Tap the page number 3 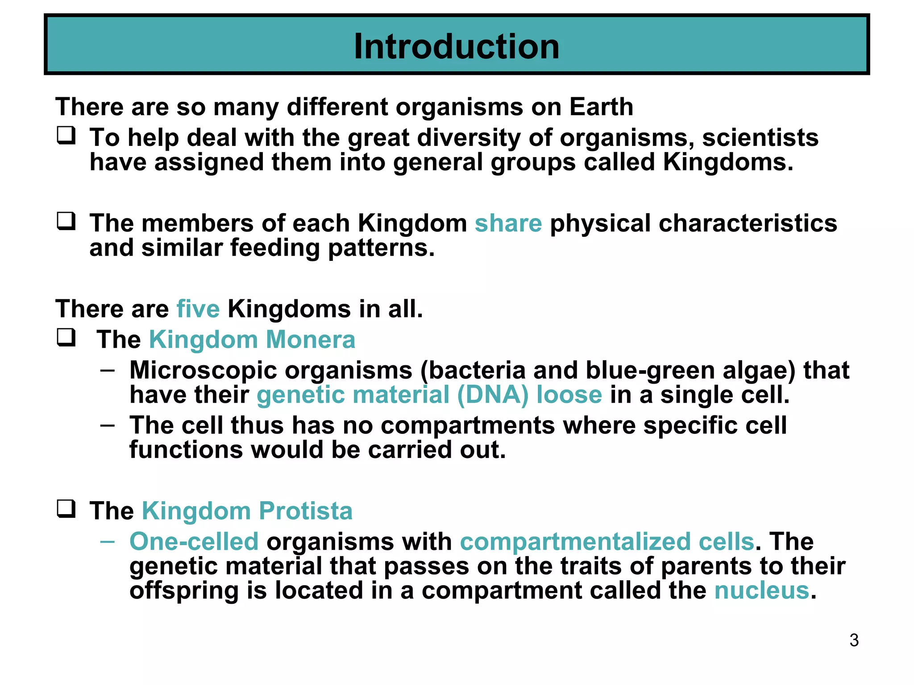point(854,640)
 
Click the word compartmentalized point(575,542)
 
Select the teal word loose point(569,395)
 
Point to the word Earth point(601,107)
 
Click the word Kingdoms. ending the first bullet point(728,162)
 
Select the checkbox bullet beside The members point(66,221)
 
